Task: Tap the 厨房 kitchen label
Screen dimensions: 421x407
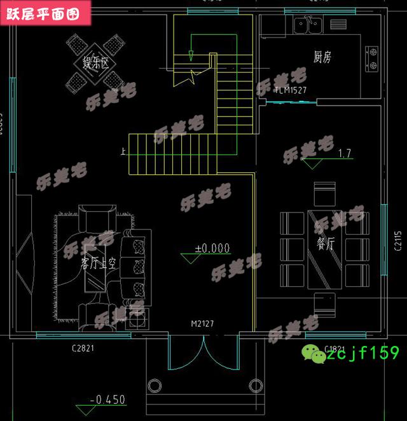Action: click(x=322, y=57)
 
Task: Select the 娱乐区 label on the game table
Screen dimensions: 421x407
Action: click(x=96, y=63)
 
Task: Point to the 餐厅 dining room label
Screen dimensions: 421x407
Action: click(x=326, y=244)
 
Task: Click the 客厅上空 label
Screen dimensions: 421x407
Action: click(x=98, y=264)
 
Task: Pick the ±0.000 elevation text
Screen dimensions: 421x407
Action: click(x=212, y=248)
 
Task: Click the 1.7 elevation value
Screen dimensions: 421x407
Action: click(x=345, y=153)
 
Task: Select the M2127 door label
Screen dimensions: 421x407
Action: click(x=202, y=324)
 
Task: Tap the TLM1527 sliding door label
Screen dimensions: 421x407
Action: click(x=291, y=90)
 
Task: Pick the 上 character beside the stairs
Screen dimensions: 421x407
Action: click(x=122, y=151)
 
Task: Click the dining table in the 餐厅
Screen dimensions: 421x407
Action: click(x=324, y=248)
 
